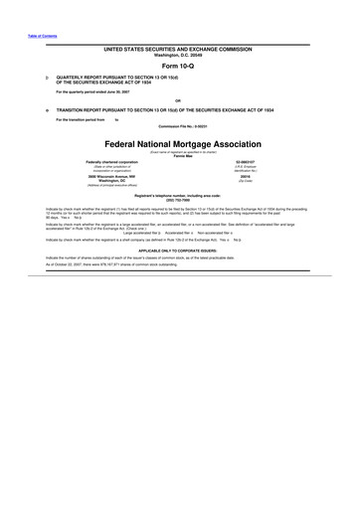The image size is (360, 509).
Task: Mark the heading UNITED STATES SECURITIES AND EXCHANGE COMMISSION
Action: pos(180,48)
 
